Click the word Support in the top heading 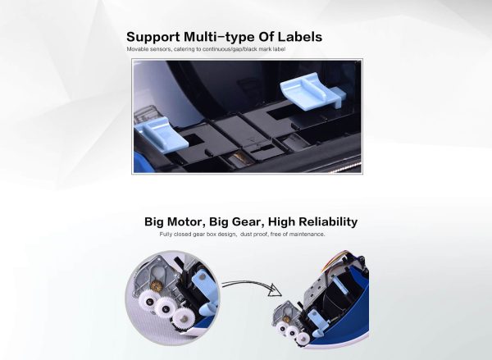(x=153, y=37)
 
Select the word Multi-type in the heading (x=219, y=37)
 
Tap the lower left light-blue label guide (x=161, y=134)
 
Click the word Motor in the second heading (x=188, y=221)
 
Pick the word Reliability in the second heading (x=328, y=221)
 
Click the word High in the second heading (x=281, y=221)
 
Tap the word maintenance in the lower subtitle (x=307, y=235)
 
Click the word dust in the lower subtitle (x=247, y=235)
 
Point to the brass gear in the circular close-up (x=155, y=285)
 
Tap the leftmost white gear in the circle (x=148, y=301)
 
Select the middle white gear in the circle (x=165, y=307)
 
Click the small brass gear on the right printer (x=286, y=319)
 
